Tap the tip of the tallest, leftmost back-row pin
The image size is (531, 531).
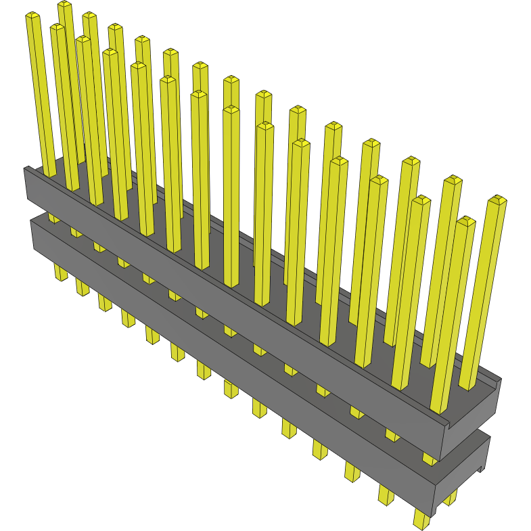(64, 5)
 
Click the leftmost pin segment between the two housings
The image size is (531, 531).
(52, 218)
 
